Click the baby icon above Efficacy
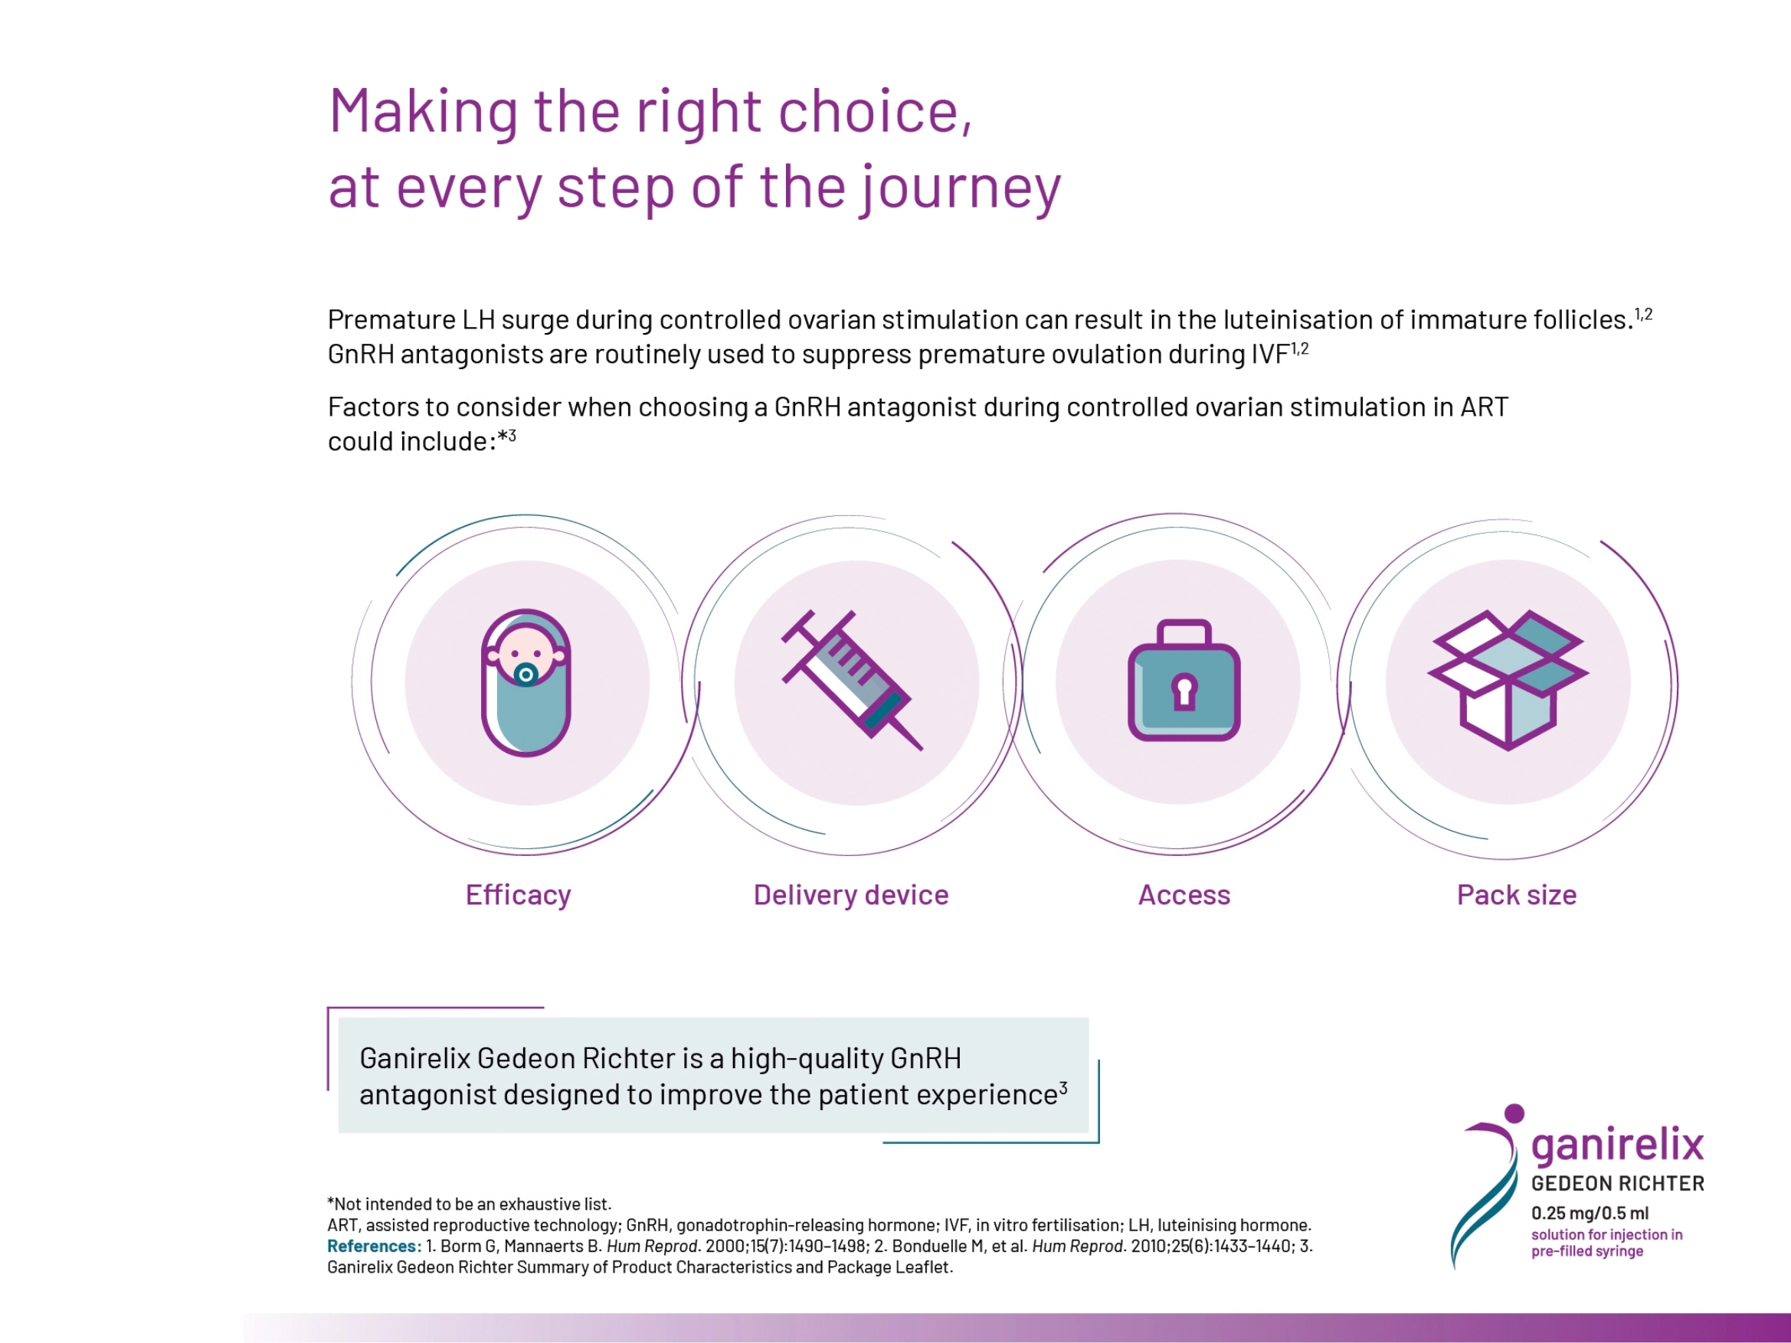click(x=526, y=682)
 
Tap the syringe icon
click(x=852, y=680)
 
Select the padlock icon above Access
click(x=1184, y=680)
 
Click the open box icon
click(x=1508, y=680)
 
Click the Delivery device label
click(x=851, y=894)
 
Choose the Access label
click(x=1184, y=894)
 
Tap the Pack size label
click(x=1517, y=894)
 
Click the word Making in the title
click(x=424, y=113)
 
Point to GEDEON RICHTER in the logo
click(x=1618, y=1184)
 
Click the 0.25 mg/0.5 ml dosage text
click(x=1590, y=1213)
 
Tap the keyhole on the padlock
click(x=1184, y=691)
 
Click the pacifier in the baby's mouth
click(x=526, y=674)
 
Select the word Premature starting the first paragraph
click(x=392, y=320)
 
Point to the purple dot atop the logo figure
click(x=1514, y=1114)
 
